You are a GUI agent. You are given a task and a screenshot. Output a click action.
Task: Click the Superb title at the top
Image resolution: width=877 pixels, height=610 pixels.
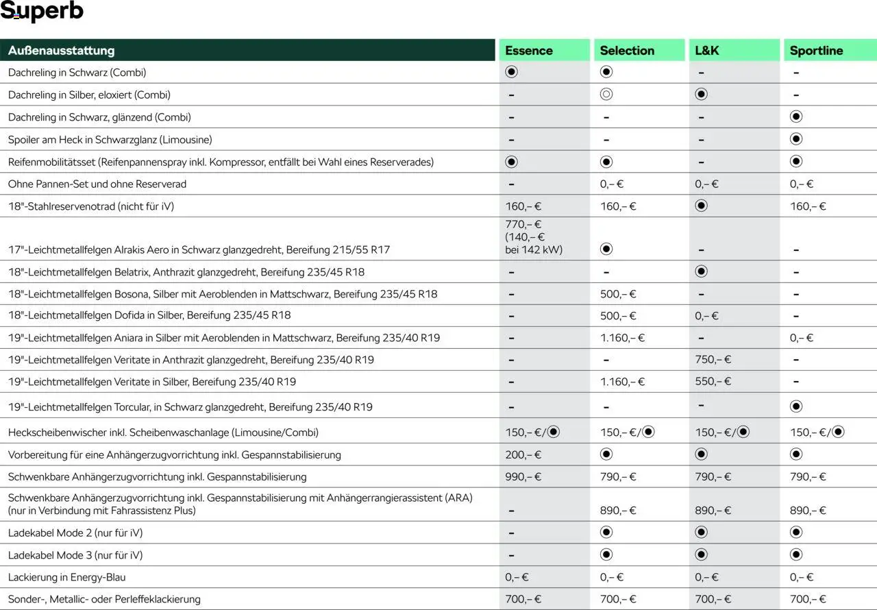[42, 12]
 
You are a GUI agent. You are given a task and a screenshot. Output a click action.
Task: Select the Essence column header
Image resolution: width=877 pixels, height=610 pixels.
[529, 50]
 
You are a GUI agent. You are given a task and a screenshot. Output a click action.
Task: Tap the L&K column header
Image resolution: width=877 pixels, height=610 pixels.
[707, 50]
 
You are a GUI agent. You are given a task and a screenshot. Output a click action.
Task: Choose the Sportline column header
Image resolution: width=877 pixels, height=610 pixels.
[816, 50]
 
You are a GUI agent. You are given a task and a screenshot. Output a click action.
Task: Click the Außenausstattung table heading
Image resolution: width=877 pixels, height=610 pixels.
[62, 50]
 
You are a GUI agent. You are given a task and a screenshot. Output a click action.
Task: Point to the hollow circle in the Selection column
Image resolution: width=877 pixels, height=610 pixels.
[606, 95]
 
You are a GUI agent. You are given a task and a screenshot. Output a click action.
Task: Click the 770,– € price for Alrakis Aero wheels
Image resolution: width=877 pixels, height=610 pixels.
[523, 225]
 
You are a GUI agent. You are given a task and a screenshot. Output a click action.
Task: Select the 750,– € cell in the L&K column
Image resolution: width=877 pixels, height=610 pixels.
[713, 360]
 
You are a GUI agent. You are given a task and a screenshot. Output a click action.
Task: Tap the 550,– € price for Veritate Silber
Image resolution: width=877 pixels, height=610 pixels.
[713, 382]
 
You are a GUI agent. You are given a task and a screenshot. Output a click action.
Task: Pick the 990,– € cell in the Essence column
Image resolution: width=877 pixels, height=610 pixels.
[523, 477]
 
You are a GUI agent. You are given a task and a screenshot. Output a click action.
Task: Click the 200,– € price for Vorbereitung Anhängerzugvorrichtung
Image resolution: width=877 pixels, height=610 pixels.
[523, 455]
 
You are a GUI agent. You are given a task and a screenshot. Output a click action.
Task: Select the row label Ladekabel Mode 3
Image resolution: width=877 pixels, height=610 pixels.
[75, 555]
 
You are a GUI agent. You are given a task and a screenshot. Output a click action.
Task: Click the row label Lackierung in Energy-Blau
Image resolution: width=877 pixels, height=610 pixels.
[67, 577]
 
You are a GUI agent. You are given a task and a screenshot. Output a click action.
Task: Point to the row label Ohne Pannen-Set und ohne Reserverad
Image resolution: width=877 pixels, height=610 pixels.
[97, 184]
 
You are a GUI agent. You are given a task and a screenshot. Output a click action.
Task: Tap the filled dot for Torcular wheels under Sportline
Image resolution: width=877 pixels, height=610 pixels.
[796, 406]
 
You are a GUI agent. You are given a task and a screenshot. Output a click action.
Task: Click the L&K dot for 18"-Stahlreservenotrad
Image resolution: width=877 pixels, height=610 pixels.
[701, 206]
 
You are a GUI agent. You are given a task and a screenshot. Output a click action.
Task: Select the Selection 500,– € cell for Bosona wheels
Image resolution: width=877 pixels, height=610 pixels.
[618, 294]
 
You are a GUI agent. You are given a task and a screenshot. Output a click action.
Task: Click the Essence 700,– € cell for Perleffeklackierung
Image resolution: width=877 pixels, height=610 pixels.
[523, 599]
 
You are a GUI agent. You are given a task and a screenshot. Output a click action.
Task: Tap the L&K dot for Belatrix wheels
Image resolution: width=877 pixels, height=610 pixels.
[701, 271]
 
